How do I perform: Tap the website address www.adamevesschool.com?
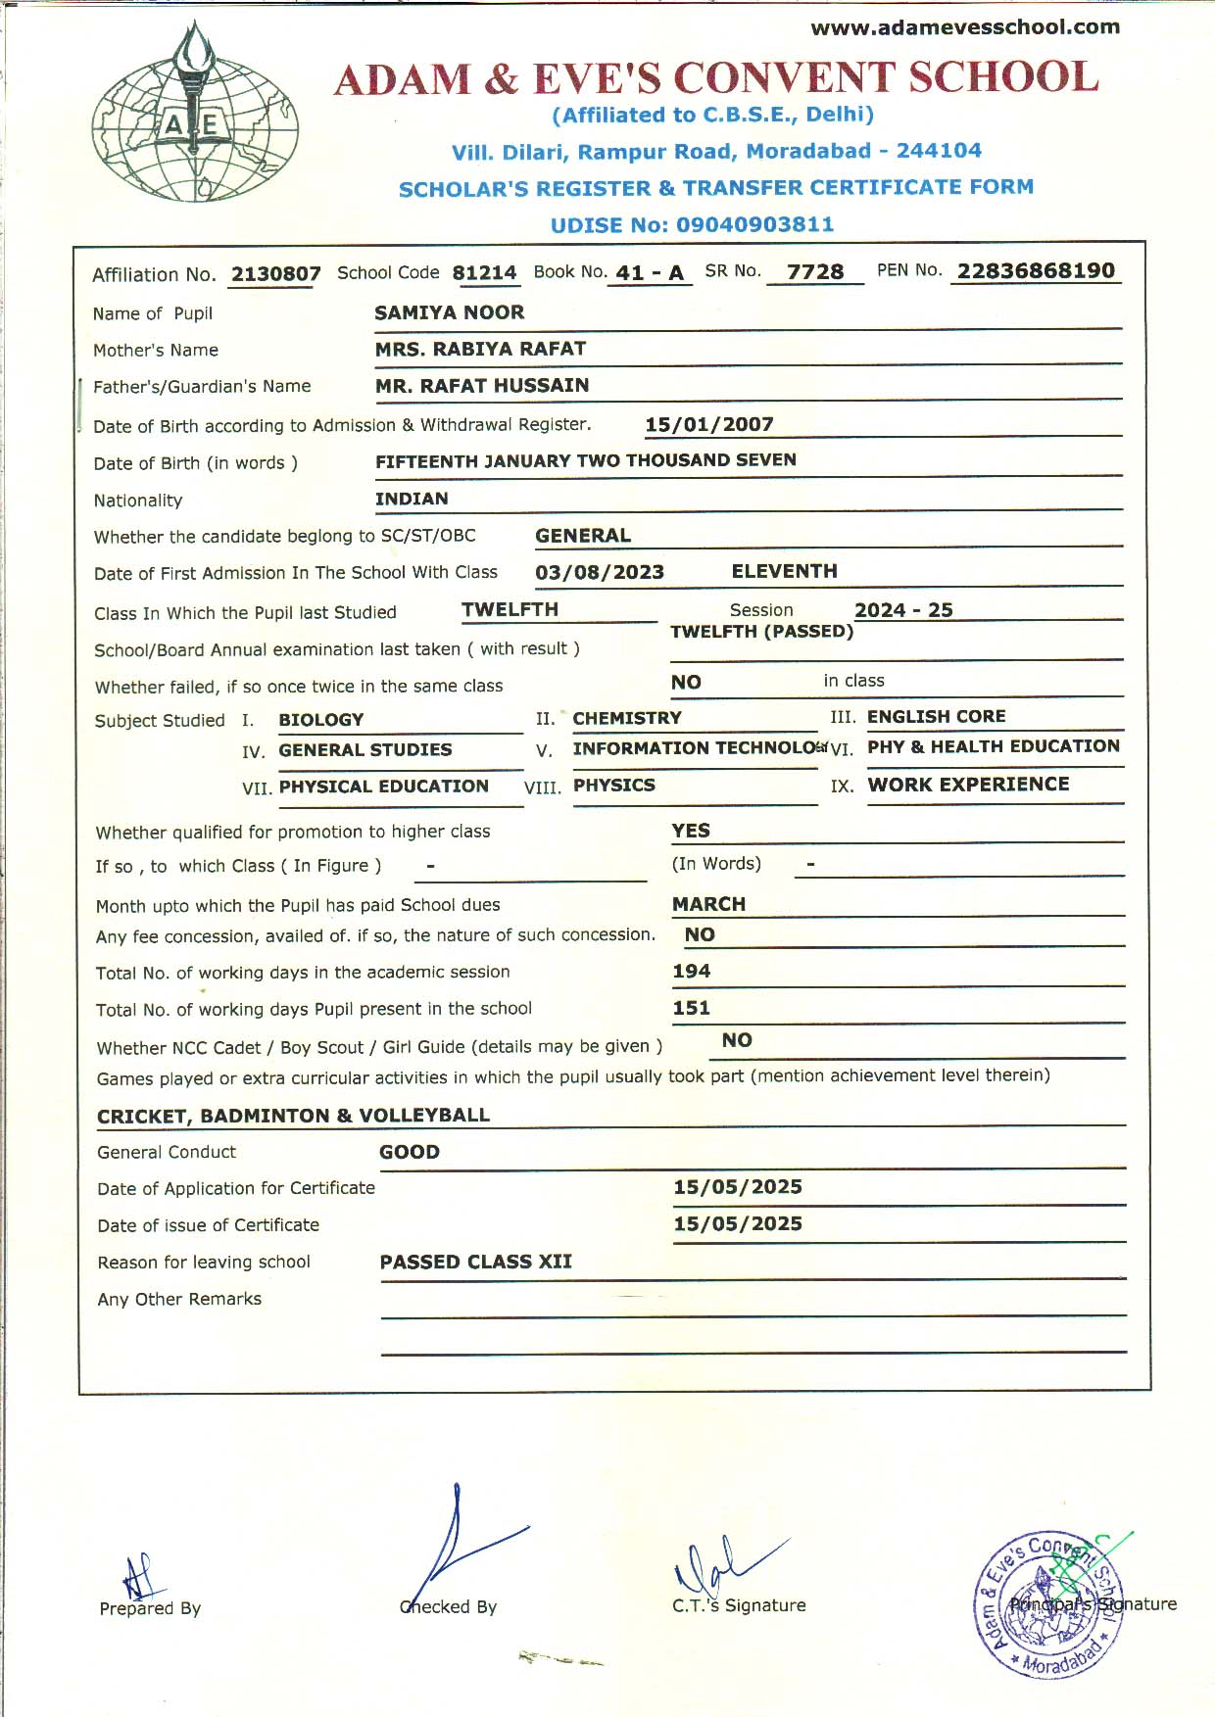pos(965,27)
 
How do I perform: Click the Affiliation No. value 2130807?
pos(275,274)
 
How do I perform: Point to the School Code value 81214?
pos(484,273)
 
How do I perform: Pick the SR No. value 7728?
pos(815,272)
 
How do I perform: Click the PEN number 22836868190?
pos(1036,271)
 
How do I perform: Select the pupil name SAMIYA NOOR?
pos(449,312)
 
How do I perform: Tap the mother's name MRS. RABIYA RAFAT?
pos(480,350)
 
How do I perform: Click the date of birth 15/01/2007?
pos(709,425)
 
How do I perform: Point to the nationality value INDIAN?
pos(412,499)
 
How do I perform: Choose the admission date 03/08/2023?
pos(600,572)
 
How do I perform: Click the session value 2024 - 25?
pos(903,610)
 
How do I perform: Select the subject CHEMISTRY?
pos(627,718)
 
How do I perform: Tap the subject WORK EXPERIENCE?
pos(968,785)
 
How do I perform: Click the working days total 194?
pos(691,971)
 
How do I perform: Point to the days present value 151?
pos(691,1008)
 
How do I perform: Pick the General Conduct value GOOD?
pos(410,1152)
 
